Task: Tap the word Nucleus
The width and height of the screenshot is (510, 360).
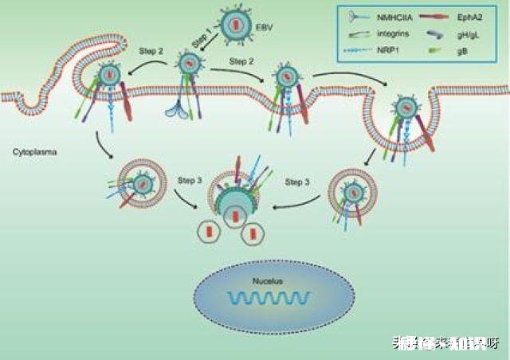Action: (x=265, y=282)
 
